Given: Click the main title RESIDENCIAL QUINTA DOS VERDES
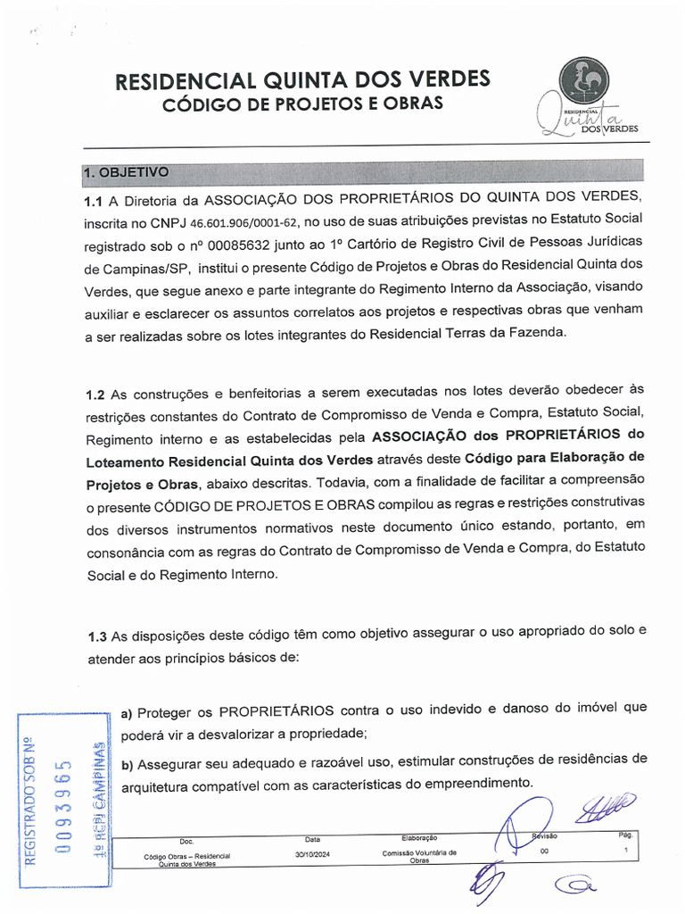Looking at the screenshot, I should coord(302,80).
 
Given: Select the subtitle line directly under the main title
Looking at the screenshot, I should coord(302,104).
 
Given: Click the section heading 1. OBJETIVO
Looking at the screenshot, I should coord(124,171).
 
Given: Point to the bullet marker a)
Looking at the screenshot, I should coord(127,712).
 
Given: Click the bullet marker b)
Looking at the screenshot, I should coord(127,764).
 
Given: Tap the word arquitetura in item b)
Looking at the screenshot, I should coord(156,785).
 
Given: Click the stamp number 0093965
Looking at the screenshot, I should coord(62,807).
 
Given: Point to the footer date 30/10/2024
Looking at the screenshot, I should coord(312,854).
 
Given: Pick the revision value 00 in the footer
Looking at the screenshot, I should coord(545,852).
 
